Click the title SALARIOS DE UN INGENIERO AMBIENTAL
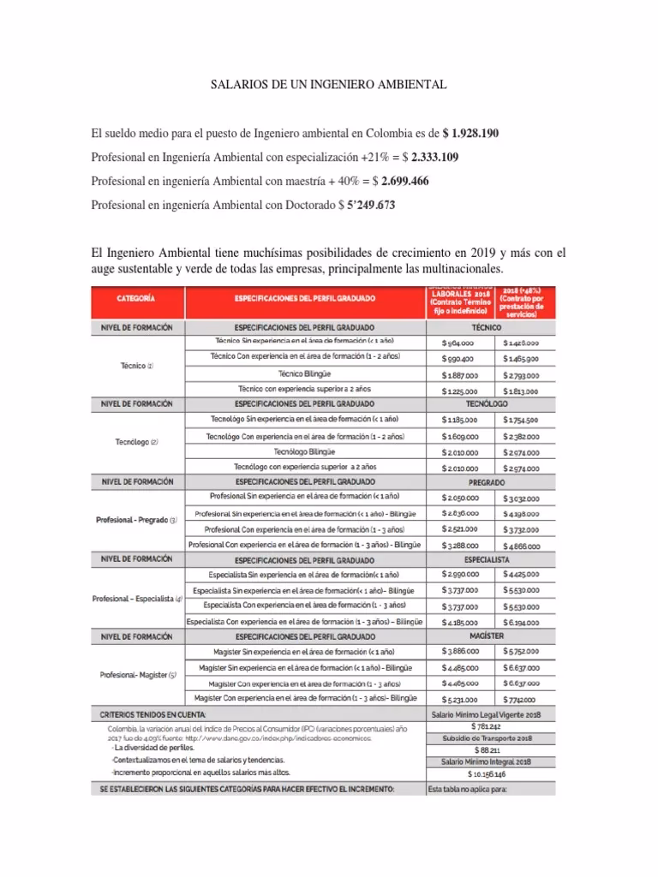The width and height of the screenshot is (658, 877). pyautogui.click(x=329, y=87)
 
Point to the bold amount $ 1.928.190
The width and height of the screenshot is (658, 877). pyautogui.click(x=470, y=134)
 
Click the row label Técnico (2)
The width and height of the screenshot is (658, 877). pyautogui.click(x=136, y=366)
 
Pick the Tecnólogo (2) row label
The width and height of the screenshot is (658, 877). pyautogui.click(x=136, y=442)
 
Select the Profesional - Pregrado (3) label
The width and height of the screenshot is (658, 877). pyautogui.click(x=136, y=521)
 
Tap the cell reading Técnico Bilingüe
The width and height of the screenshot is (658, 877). pyautogui.click(x=304, y=374)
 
